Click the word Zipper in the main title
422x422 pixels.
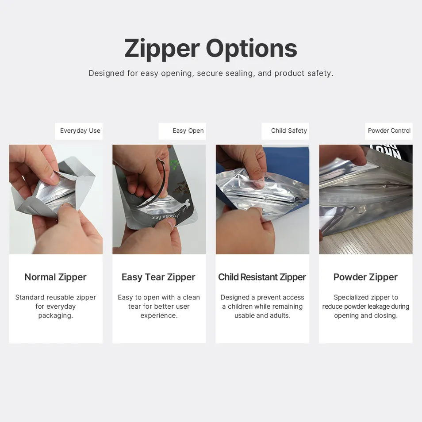[x=161, y=49]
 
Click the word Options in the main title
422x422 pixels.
[x=251, y=49]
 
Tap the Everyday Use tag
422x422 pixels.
[x=80, y=131]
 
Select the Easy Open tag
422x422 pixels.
[x=188, y=131]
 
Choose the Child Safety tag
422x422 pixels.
[x=289, y=131]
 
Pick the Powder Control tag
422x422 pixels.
[x=389, y=131]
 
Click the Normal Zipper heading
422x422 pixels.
[x=56, y=277]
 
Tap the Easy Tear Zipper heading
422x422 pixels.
[x=159, y=277]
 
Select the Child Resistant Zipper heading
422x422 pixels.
[x=262, y=277]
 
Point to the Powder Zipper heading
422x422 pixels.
[x=366, y=277]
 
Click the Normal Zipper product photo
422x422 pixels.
[x=56, y=199]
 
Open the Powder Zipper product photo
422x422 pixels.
[x=366, y=199]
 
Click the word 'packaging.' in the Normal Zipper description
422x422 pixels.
[x=56, y=316]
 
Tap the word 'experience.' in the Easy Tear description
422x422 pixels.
[x=159, y=316]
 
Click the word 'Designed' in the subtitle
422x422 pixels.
[x=107, y=73]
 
